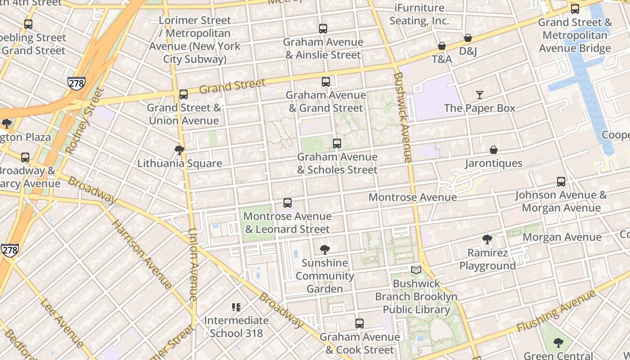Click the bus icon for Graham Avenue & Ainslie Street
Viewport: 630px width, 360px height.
pos(323,29)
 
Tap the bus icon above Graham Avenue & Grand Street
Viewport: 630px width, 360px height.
pos(326,82)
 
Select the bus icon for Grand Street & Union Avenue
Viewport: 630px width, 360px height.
pos(184,94)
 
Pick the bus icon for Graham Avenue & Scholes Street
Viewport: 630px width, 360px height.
pos(337,144)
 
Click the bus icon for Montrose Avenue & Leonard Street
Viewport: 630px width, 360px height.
pos(288,203)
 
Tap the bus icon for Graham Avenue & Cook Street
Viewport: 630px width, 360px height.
pos(360,324)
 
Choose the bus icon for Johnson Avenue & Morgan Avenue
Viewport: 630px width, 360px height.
pos(561,182)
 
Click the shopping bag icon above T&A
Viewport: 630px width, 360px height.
pos(442,46)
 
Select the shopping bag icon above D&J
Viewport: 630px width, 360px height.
pos(468,38)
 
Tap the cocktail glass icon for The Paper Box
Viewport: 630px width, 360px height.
pos(480,95)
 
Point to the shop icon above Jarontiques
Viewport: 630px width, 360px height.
pos(494,150)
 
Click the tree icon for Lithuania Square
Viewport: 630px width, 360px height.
pos(180,150)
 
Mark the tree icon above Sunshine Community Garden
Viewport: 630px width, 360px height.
pos(324,249)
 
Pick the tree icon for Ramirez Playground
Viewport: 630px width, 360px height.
pos(487,239)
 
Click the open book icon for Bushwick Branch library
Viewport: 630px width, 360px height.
pos(416,270)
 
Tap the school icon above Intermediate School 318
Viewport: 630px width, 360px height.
pos(236,307)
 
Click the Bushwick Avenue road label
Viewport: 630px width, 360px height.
pos(402,117)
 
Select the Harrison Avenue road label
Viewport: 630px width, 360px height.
pos(141,254)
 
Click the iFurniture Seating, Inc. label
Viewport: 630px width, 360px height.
pos(419,14)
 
